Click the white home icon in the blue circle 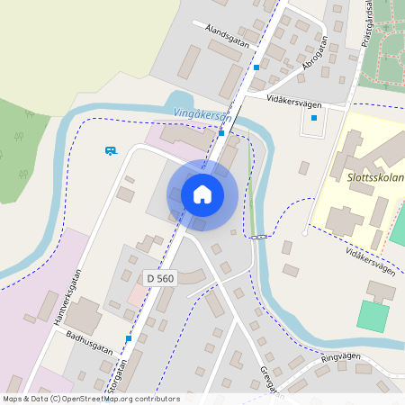tap(202, 193)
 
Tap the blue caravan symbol tap(111, 151)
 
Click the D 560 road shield tap(159, 279)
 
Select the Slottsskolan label tap(374, 178)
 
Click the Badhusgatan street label tap(89, 342)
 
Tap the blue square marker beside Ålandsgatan tap(256, 67)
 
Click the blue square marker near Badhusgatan tap(129, 339)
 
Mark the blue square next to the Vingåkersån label tap(221, 133)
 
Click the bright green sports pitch tap(373, 316)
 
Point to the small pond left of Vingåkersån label tap(179, 101)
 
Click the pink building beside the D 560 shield tap(134, 294)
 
